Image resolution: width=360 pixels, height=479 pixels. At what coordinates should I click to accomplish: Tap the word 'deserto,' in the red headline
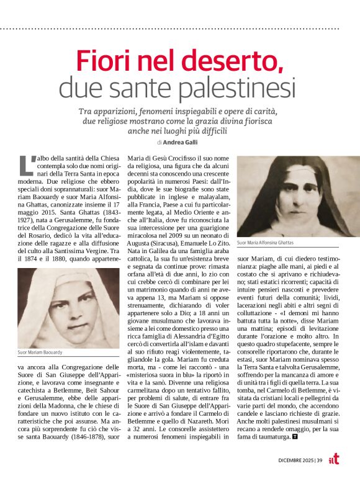pos(236,61)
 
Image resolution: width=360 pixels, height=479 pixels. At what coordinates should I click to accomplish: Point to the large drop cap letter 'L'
pos(26,164)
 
